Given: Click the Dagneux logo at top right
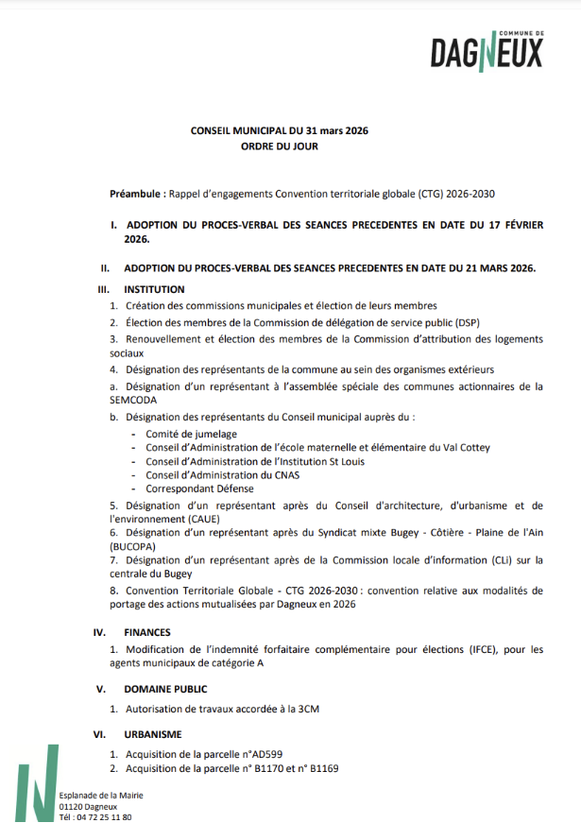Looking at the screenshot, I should click(x=487, y=52).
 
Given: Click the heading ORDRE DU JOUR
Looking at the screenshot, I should click(x=280, y=146).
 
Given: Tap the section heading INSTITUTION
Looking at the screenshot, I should click(x=154, y=289).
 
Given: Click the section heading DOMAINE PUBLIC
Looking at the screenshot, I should click(x=165, y=689).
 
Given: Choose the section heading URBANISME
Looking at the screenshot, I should click(x=153, y=733).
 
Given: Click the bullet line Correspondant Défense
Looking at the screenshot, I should click(x=199, y=489).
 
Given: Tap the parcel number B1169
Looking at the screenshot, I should click(x=322, y=768).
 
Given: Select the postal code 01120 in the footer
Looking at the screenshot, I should click(x=70, y=807).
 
